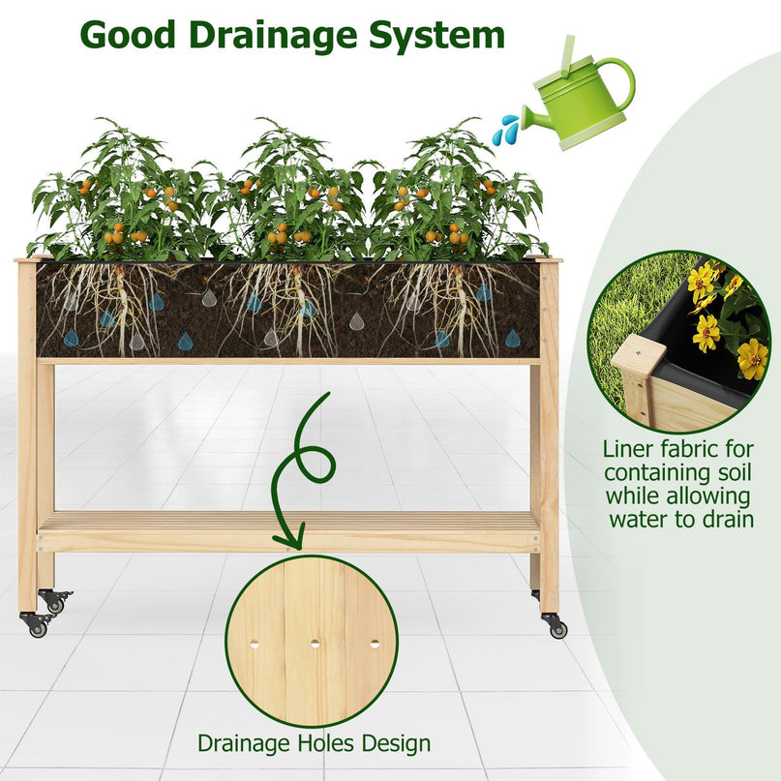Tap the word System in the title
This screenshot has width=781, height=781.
click(436, 35)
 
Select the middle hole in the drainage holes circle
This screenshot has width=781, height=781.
click(314, 642)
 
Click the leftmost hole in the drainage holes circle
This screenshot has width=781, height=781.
click(254, 643)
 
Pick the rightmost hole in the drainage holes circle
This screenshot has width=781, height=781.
click(374, 642)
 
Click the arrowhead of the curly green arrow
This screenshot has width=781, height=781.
click(289, 538)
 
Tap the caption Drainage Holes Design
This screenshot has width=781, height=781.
click(314, 743)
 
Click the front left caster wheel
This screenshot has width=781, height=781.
click(37, 626)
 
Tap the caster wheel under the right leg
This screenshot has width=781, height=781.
click(556, 627)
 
